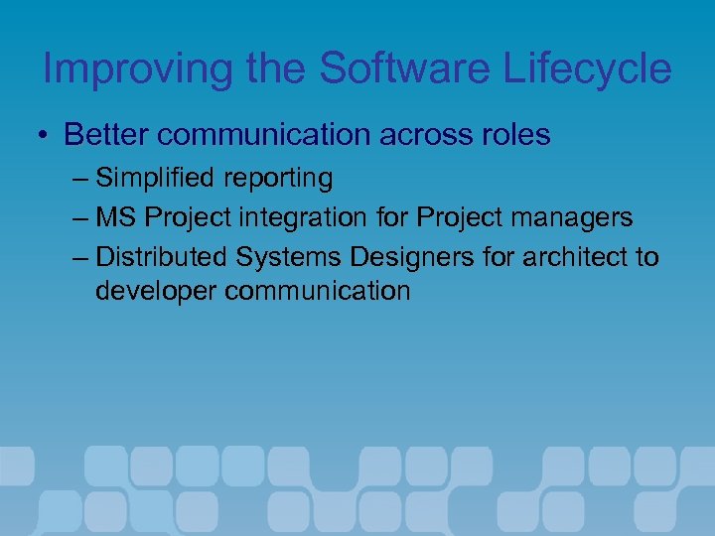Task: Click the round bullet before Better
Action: coord(47,135)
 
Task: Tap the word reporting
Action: coord(281,180)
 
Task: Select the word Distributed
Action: coord(163,258)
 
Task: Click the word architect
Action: coord(576,258)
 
